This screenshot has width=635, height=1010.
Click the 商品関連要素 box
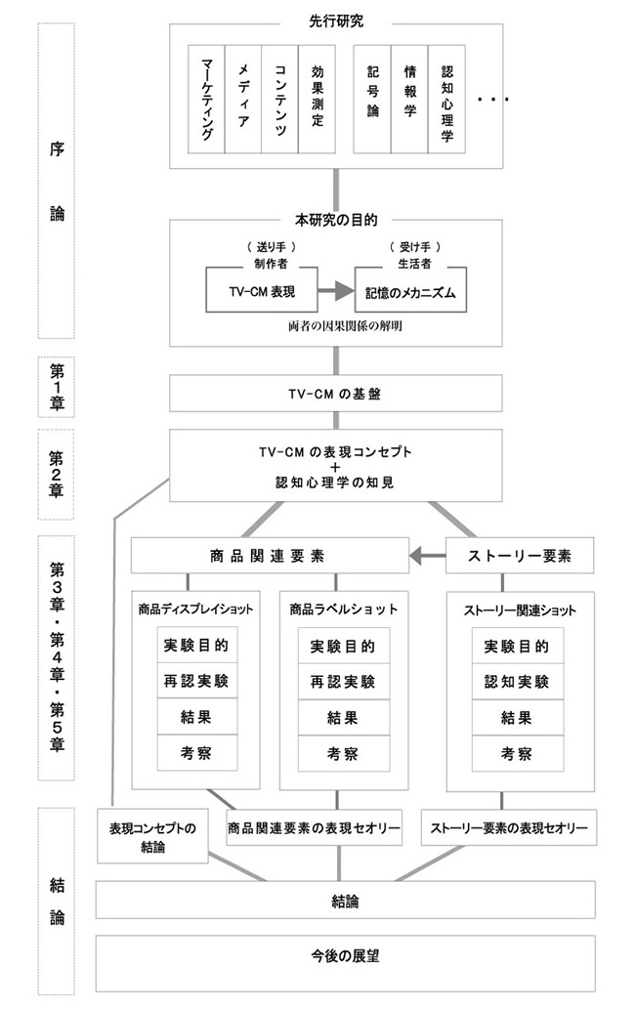point(269,556)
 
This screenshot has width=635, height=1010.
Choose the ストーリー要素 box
point(521,556)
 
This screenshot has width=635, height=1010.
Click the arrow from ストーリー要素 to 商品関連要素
point(426,556)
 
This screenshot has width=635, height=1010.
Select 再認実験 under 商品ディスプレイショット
point(196,681)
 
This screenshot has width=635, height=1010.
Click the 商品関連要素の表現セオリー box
point(315,828)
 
